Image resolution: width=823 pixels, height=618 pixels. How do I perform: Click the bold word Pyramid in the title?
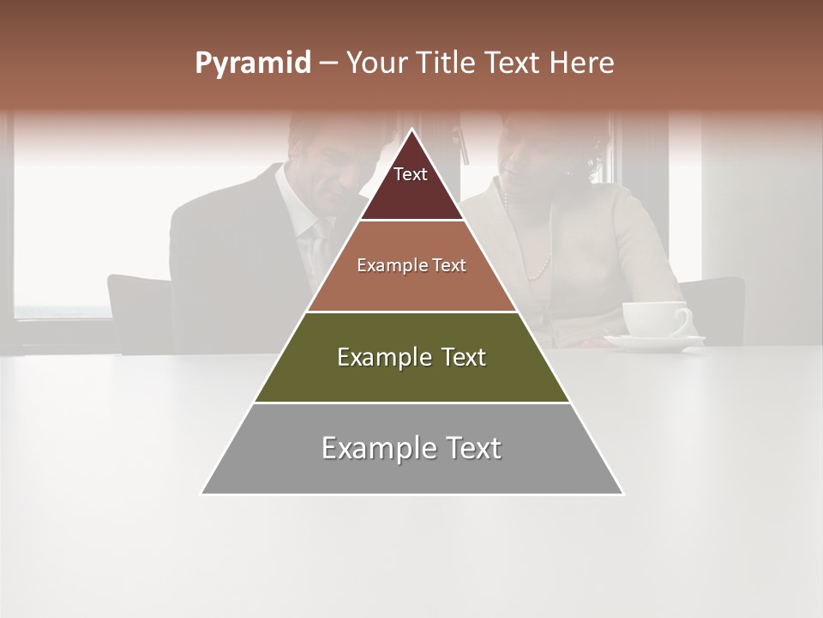pos(253,64)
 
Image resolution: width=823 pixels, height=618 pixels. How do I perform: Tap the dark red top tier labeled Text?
pos(411,185)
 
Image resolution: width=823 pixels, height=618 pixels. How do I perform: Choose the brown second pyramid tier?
pos(411,266)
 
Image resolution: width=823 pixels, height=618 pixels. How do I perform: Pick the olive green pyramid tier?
pos(411,357)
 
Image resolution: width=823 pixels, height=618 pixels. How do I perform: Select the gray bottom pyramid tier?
pos(411,449)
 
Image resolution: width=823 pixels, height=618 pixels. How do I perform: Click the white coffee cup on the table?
pos(652,318)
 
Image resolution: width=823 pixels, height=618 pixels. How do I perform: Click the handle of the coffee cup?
pos(683,319)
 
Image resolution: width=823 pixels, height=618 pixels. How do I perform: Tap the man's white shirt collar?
pos(293,197)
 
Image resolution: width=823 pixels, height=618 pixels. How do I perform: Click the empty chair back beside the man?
pos(137,309)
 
